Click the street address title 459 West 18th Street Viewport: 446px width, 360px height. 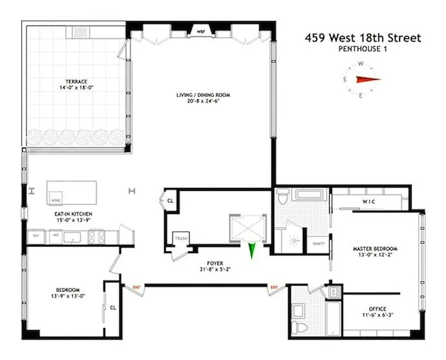[x=363, y=38]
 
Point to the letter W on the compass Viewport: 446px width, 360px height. [x=360, y=63]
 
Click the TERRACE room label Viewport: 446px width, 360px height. [x=76, y=81]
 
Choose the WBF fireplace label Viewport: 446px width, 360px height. [x=200, y=31]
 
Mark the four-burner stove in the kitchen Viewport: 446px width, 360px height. [x=96, y=236]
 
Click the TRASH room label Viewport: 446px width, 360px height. [x=181, y=238]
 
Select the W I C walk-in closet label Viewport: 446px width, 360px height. [x=369, y=202]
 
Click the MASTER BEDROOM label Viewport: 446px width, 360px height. [x=375, y=248]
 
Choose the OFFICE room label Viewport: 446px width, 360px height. [x=377, y=309]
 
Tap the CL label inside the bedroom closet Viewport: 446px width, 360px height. [x=113, y=308]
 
